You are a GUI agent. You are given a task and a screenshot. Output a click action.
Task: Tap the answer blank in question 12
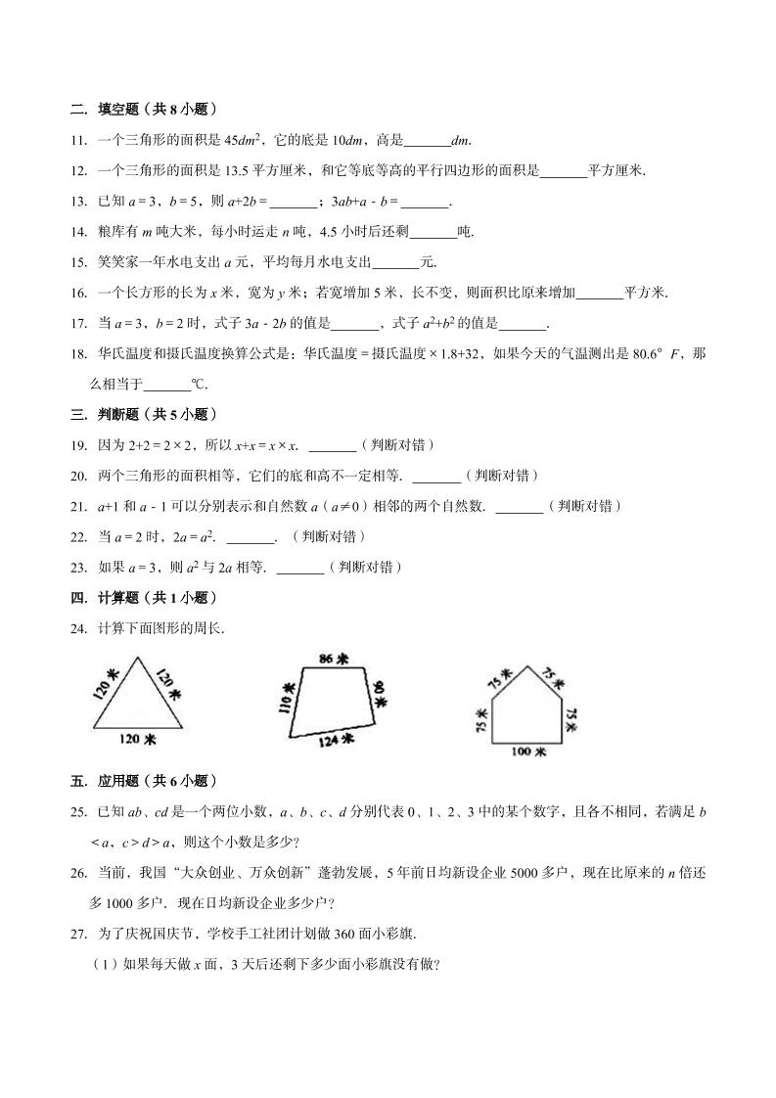(563, 171)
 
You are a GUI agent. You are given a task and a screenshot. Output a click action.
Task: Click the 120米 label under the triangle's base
(137, 740)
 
